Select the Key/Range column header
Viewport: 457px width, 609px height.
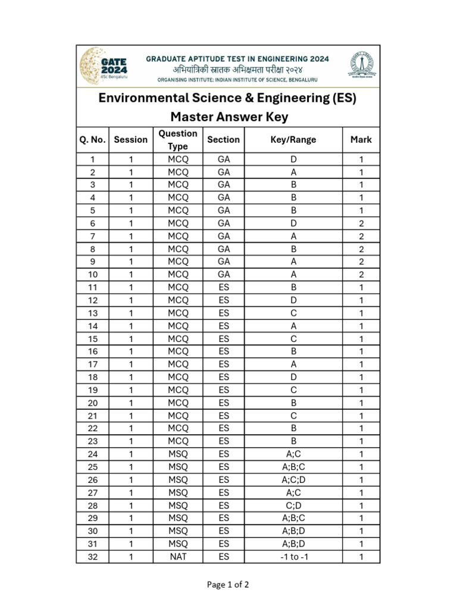point(293,140)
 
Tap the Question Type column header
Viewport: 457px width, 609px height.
point(177,140)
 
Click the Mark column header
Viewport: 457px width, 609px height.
point(361,140)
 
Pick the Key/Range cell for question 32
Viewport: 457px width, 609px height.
point(293,557)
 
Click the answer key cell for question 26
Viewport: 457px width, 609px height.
point(293,480)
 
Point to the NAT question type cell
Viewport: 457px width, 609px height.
point(177,557)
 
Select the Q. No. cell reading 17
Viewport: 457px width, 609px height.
point(92,364)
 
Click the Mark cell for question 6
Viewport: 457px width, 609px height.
point(361,223)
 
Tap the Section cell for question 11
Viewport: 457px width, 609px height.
point(224,287)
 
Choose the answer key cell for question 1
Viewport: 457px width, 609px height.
point(293,159)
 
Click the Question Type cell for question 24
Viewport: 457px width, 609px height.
point(177,454)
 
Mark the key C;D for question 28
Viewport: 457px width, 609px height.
point(293,506)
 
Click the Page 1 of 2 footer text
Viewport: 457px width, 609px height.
point(228,585)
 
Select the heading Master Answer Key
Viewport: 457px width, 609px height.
point(228,117)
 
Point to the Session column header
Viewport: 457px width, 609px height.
point(130,140)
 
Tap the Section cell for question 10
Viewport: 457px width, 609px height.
point(224,274)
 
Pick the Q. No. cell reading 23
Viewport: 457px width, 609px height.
point(92,441)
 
